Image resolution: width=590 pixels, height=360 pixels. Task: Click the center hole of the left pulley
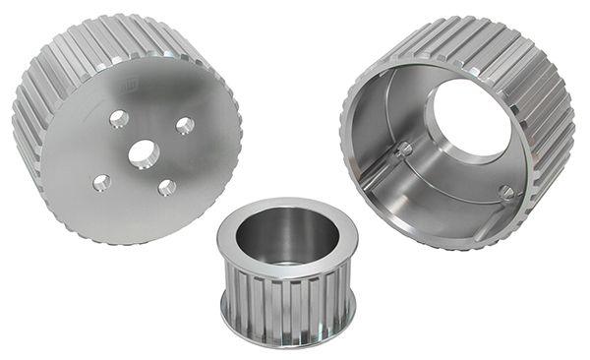[x=144, y=152]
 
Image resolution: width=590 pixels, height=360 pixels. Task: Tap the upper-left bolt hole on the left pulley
[x=119, y=119]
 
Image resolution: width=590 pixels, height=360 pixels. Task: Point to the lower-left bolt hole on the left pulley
[x=102, y=182]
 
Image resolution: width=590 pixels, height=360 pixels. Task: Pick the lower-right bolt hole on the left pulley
[x=167, y=187]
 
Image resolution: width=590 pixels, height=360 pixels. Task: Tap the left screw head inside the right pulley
[x=402, y=150]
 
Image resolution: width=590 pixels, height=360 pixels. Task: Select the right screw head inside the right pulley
[x=506, y=192]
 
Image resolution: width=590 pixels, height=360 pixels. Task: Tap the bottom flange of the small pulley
[x=285, y=334]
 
